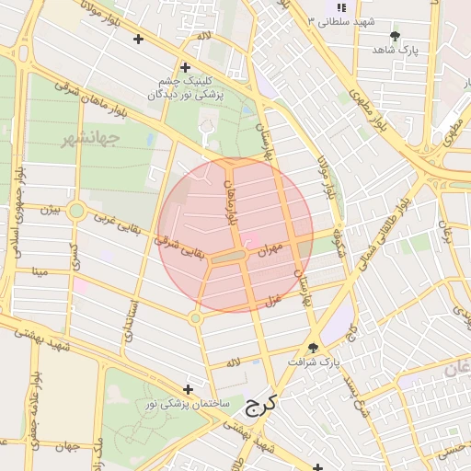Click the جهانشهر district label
click(x=91, y=140)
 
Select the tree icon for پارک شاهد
click(x=396, y=37)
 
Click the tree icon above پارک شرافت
click(x=313, y=348)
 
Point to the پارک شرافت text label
click(x=313, y=363)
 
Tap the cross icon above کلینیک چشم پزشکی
click(x=185, y=67)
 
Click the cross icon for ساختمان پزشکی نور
click(x=189, y=389)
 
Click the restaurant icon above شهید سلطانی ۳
click(x=342, y=6)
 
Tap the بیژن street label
click(x=50, y=211)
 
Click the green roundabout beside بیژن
click(x=76, y=212)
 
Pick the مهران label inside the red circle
click(x=269, y=249)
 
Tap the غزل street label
click(x=272, y=299)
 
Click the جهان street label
click(x=62, y=447)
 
